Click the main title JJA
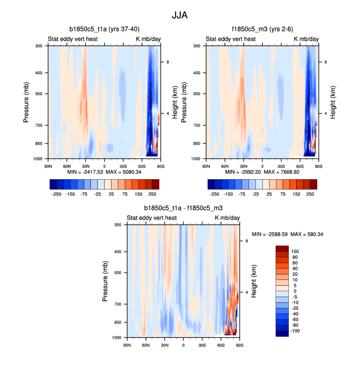pos(180,15)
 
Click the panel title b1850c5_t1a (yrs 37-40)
pos(104,29)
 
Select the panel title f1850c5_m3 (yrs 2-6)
pos(262,29)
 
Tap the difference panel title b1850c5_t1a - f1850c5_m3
pos(183,208)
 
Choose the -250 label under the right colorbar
pos(214,194)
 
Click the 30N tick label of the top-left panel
pos(85,166)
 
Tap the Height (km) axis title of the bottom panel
pos(254,281)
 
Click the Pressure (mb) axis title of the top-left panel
pos(27,102)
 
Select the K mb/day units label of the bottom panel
pos(227,218)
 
